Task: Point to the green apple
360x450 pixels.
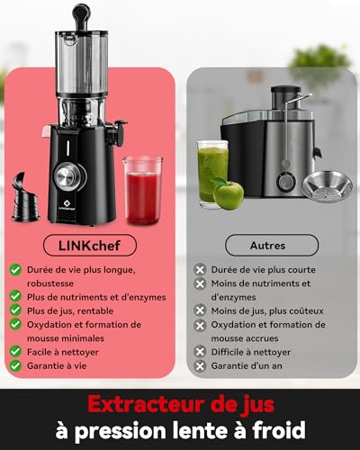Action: coord(229,194)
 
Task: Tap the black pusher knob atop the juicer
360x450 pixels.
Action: coord(81,14)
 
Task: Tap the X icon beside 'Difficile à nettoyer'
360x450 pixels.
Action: coord(200,351)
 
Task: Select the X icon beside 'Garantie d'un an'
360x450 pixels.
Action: coord(200,366)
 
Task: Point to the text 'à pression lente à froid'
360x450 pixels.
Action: coord(180,429)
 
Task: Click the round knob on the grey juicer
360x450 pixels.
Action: coord(286,182)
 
